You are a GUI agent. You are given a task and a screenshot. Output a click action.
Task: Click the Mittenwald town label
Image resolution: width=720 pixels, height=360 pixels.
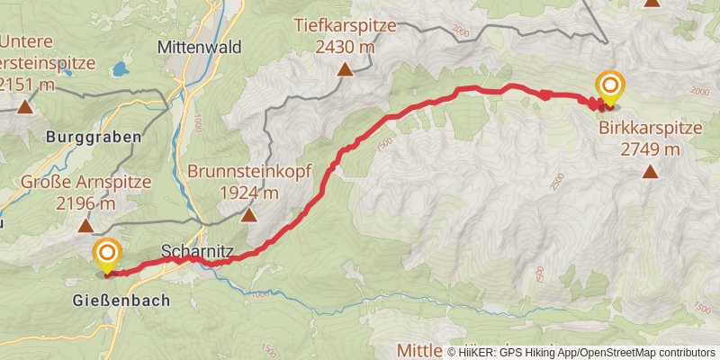tap(200, 47)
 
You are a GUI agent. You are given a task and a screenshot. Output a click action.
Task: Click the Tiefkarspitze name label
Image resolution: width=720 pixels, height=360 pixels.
tap(345, 26)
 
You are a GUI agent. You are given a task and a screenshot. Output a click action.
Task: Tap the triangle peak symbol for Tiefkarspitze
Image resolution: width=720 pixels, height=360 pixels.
tap(345, 68)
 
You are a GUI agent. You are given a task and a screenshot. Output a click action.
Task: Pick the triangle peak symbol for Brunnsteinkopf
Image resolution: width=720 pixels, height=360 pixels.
tap(248, 214)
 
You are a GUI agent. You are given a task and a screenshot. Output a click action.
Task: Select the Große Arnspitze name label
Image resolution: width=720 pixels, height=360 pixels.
tap(86, 184)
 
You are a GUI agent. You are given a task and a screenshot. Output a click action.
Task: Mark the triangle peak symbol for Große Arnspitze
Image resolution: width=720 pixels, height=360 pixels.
tap(85, 226)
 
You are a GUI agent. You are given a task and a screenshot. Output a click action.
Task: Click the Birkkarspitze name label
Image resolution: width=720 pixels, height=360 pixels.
tap(649, 128)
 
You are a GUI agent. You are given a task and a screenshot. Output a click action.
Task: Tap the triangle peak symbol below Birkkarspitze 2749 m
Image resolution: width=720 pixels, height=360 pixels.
tap(650, 170)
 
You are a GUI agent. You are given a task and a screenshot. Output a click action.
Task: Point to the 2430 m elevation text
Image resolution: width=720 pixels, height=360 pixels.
tap(345, 46)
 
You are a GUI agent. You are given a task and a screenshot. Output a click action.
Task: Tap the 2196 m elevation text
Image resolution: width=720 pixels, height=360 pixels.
tap(85, 204)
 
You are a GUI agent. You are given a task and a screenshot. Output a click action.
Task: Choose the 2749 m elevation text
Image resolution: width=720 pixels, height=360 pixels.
tap(650, 148)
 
